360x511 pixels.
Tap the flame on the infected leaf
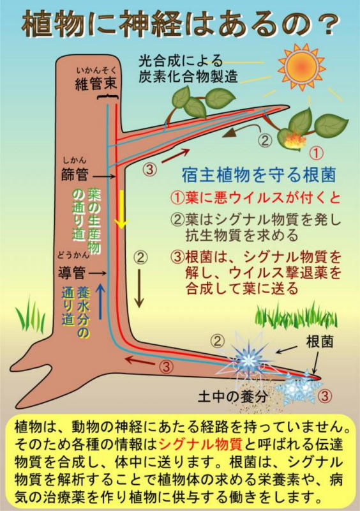(296, 141)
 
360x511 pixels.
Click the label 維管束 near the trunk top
(96, 84)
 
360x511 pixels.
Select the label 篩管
(75, 174)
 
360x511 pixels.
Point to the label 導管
(71, 273)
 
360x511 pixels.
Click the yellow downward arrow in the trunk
(122, 210)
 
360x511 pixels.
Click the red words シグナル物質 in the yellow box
(200, 444)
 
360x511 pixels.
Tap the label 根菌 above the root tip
(319, 342)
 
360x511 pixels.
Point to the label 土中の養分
(232, 396)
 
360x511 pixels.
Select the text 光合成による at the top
(181, 61)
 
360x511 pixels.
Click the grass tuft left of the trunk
(30, 314)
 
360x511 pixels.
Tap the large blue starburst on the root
(248, 360)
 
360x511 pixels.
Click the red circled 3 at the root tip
(324, 395)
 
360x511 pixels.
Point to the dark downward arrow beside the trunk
(139, 289)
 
